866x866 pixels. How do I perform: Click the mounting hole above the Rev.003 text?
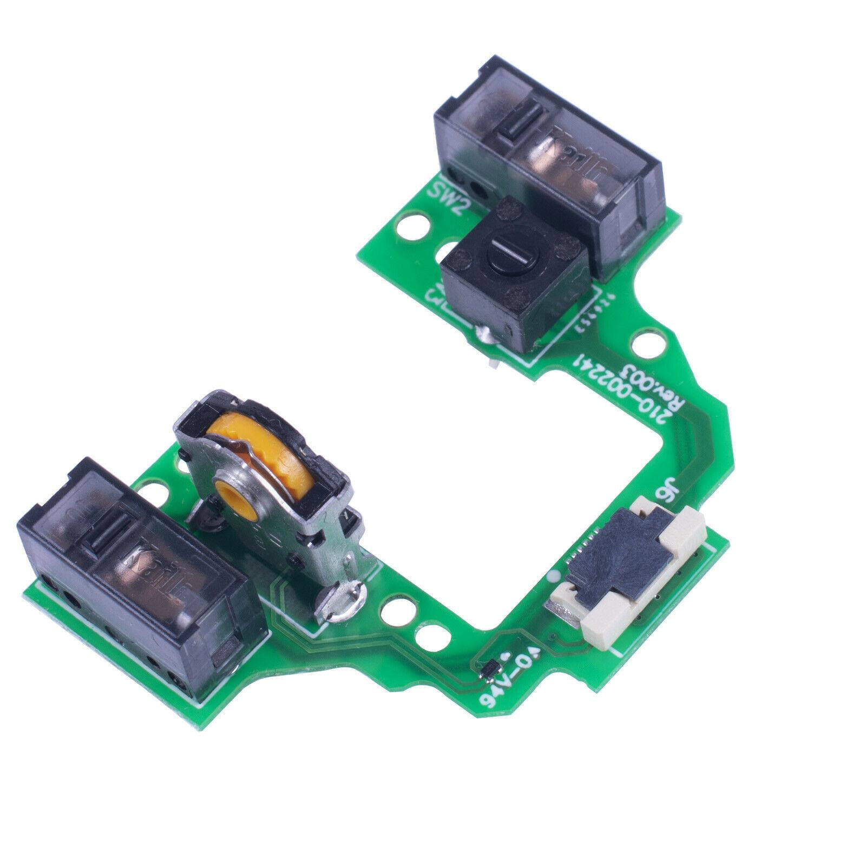[647, 342]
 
